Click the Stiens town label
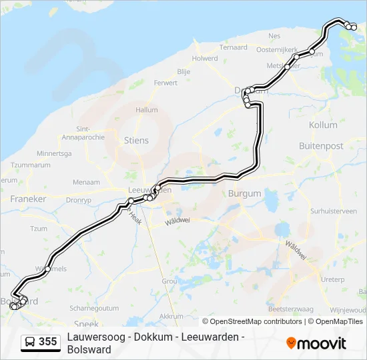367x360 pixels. [136, 141]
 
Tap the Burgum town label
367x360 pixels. [243, 194]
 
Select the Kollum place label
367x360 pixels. [323, 125]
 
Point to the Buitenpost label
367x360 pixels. [320, 145]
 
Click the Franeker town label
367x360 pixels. [28, 199]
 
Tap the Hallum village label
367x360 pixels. [146, 110]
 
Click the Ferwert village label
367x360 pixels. [165, 83]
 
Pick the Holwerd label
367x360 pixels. [205, 59]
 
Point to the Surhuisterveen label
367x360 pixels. [334, 211]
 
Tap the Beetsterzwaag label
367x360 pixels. [290, 309]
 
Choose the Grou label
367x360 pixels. [169, 281]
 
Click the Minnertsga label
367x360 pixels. [54, 153]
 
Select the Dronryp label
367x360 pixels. [79, 199]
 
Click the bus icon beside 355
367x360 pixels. [30, 342]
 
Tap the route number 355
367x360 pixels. [48, 342]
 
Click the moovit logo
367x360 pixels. [316, 343]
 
